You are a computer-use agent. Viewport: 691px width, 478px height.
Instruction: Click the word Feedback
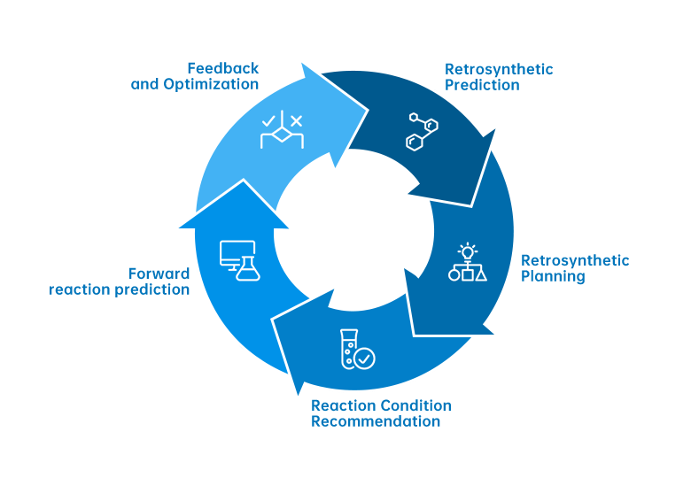click(223, 68)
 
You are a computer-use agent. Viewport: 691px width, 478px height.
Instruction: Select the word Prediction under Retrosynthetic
click(482, 85)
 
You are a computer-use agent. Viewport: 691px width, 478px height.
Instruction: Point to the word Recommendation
click(376, 421)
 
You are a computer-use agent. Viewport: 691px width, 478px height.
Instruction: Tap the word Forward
click(159, 274)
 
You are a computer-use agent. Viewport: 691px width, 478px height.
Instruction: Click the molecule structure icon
click(421, 130)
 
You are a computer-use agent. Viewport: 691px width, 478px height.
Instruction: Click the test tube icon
click(347, 349)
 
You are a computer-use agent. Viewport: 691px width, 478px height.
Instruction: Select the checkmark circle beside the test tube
click(364, 358)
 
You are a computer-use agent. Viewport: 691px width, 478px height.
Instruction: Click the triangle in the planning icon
click(481, 274)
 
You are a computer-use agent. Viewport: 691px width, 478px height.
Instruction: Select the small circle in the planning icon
click(454, 275)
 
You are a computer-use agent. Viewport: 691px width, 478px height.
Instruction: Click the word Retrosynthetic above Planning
click(575, 260)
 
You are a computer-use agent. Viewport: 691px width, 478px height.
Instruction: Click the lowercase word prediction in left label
click(156, 289)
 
